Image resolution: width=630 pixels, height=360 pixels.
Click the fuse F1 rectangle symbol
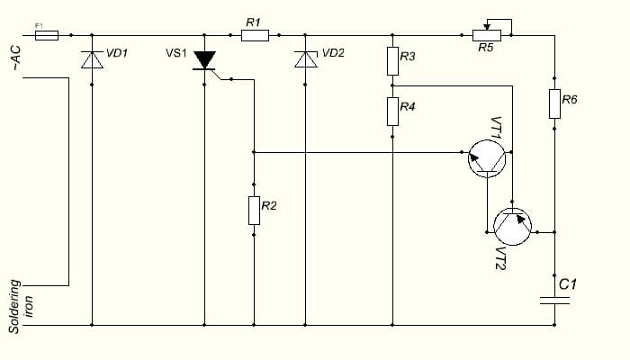coord(47,35)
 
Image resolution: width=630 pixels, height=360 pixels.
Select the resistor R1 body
coord(255,35)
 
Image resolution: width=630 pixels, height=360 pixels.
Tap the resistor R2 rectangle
coord(254,211)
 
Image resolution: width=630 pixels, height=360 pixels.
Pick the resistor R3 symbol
coord(393,61)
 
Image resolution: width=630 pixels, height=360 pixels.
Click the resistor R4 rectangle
coord(393,112)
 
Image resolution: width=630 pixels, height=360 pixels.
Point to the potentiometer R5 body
coord(487,35)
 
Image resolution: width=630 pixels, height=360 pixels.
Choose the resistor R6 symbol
coord(555,103)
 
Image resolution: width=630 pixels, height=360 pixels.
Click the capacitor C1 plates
coord(555,301)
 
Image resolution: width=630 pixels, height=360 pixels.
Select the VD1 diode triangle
coord(92,60)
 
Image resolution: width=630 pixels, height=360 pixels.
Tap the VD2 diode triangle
coord(305,59)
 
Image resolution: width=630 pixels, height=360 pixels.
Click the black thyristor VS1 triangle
coord(204,60)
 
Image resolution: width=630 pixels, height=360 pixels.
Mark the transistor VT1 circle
coord(487,158)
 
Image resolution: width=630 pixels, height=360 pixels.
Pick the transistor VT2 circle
coord(513,227)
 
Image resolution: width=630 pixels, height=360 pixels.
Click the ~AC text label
coord(16,58)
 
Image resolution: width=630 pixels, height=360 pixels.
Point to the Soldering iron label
coord(21,307)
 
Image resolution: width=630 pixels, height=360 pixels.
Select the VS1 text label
coord(176,53)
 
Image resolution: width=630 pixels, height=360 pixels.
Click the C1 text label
coord(568,284)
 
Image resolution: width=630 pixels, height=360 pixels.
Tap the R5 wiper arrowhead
coord(487,27)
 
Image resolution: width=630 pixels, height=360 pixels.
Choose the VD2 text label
coord(334,53)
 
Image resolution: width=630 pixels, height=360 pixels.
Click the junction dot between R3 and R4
coord(392,85)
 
